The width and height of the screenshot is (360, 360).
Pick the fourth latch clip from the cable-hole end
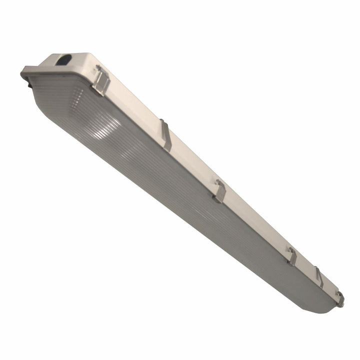coord(292,255)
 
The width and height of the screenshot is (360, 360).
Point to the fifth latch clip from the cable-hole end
coord(319,276)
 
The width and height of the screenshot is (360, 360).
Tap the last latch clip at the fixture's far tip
coord(340,298)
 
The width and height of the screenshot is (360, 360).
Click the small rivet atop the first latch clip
coord(98,67)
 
